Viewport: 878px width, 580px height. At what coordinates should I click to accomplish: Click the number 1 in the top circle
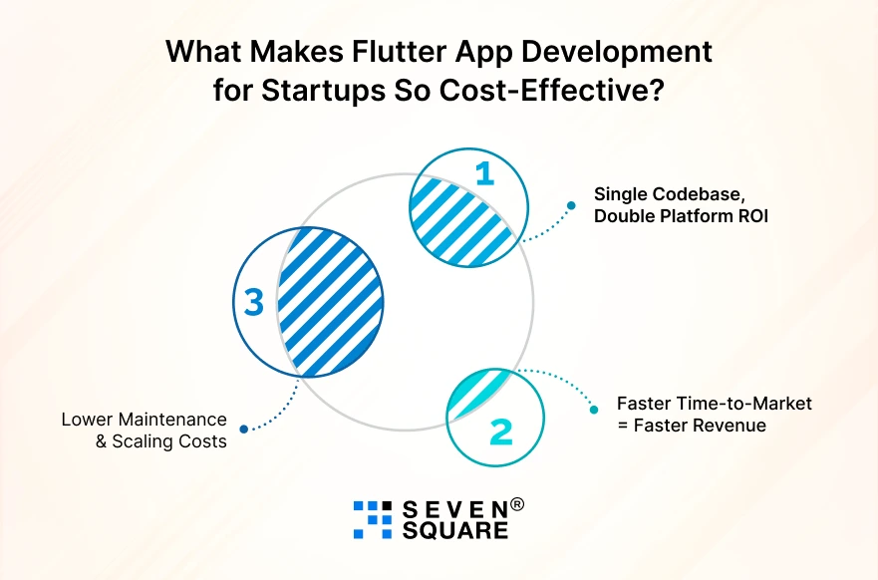click(484, 174)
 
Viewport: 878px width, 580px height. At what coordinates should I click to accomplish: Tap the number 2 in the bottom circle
click(501, 431)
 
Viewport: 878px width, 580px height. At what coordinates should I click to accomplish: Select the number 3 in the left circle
click(254, 302)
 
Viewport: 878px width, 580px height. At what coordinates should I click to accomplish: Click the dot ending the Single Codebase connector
click(571, 206)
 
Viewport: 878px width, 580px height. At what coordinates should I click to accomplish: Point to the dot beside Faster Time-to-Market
click(595, 410)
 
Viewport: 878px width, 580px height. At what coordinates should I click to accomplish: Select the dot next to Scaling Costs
click(244, 430)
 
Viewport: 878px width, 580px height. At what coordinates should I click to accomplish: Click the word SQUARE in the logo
click(453, 531)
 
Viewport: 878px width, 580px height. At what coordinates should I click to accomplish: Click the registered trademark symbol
click(516, 504)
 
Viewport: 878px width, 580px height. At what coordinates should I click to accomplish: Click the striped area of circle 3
click(329, 299)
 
